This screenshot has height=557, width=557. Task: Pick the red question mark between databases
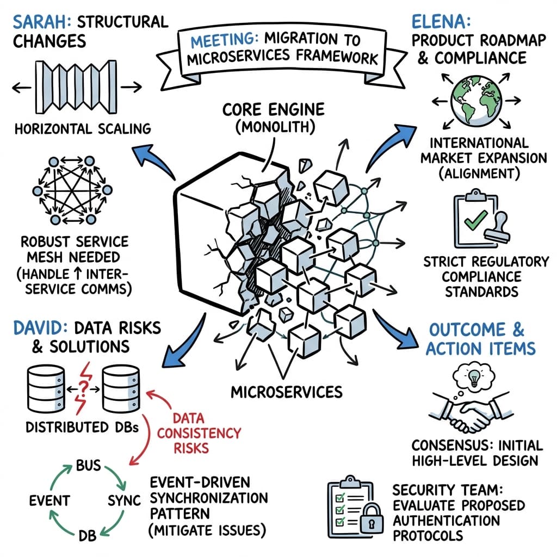coord(84,387)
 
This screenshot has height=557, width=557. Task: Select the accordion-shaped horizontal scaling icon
coord(77,86)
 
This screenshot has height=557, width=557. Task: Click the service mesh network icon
coord(77,190)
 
